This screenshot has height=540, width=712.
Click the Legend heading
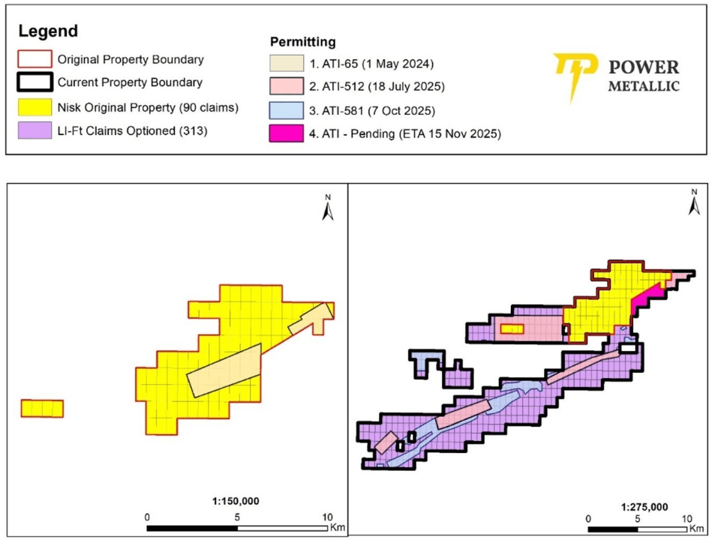pos(47,31)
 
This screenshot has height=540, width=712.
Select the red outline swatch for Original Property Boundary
pos(35,58)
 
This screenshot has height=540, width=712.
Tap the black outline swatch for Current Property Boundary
pos(35,82)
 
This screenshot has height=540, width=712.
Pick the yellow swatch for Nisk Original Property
pos(35,107)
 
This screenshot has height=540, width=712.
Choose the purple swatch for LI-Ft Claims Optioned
pos(35,131)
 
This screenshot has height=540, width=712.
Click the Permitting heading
pos(302,42)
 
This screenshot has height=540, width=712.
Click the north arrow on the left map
pos(327,208)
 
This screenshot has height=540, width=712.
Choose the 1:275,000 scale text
pos(642,506)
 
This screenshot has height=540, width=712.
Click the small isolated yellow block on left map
pos(41,408)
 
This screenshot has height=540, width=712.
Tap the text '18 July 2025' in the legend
pos(410,86)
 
